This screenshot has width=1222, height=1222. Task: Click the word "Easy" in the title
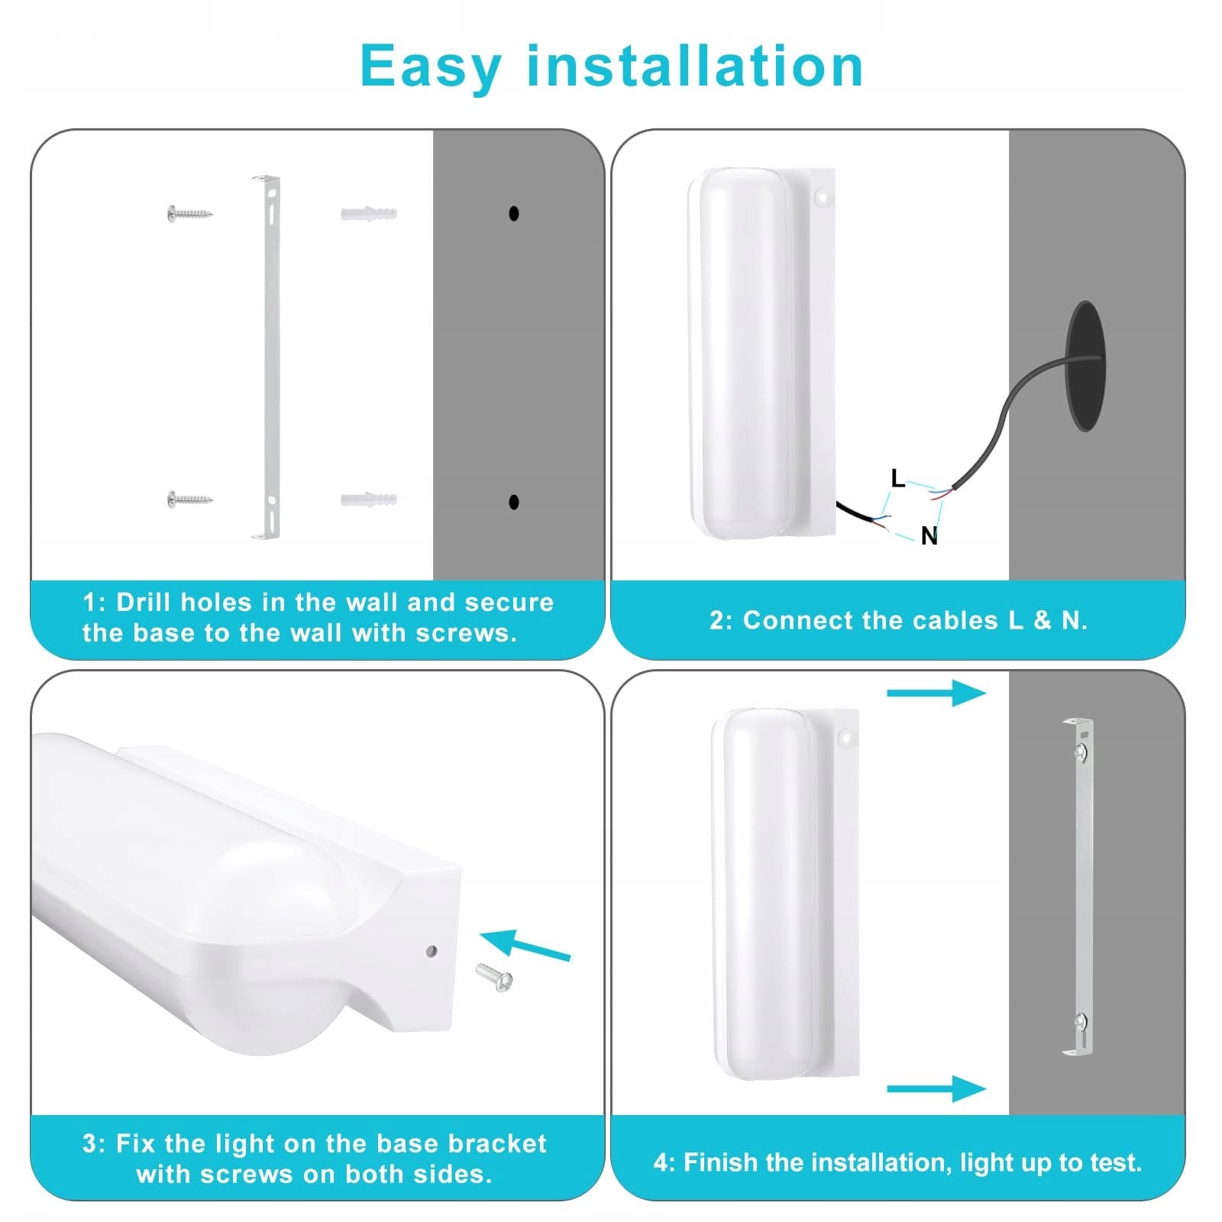click(x=430, y=66)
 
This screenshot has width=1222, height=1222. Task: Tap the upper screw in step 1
click(x=189, y=213)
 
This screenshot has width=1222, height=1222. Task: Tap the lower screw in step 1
click(x=189, y=500)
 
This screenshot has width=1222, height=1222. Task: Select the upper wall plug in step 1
click(x=369, y=213)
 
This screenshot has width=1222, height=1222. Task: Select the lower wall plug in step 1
click(x=369, y=500)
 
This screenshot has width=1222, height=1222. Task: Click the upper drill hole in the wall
click(x=514, y=213)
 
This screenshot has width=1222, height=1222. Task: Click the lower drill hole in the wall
click(x=514, y=502)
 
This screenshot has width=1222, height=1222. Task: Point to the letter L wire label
click(x=898, y=479)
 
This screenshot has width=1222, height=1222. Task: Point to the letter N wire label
click(x=929, y=536)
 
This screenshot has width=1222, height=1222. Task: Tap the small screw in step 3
click(x=494, y=977)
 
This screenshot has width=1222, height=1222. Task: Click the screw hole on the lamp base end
click(x=432, y=951)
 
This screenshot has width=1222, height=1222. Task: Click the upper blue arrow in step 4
click(x=936, y=693)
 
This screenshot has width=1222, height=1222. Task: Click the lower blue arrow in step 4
click(x=936, y=1089)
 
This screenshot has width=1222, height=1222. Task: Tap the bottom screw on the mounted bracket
click(x=1081, y=1020)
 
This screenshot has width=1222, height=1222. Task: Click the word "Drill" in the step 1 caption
click(x=145, y=603)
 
